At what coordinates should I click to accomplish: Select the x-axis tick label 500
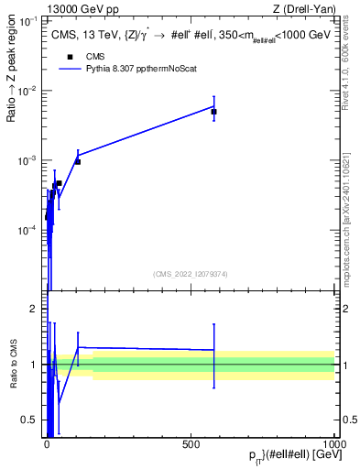click(x=191, y=444)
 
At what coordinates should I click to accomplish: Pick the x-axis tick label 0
click(x=48, y=444)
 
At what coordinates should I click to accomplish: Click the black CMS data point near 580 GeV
click(x=213, y=112)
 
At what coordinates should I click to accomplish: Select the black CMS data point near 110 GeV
click(x=78, y=161)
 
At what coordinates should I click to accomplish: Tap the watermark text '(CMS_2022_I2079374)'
click(x=191, y=274)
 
